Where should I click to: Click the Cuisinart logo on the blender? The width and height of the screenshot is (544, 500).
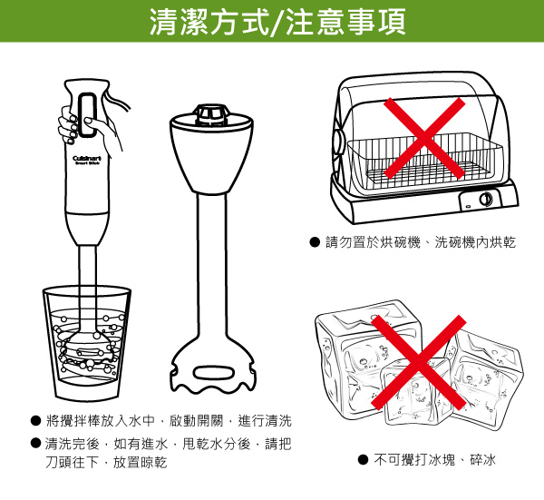(x=87, y=160)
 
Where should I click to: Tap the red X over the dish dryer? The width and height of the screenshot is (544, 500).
(x=424, y=138)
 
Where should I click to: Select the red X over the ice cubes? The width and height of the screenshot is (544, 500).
(x=418, y=362)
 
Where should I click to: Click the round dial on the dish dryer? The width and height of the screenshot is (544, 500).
(x=485, y=199)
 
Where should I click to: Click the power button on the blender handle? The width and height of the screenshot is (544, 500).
(x=87, y=115)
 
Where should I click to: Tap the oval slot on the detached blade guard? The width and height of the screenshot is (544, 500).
(x=214, y=373)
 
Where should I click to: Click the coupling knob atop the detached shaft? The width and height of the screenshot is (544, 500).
(x=210, y=115)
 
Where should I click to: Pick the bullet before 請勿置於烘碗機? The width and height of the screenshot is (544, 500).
(x=315, y=242)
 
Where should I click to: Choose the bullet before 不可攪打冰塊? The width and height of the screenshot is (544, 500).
(x=363, y=460)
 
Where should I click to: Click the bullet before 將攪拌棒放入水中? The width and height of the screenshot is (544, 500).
(x=35, y=421)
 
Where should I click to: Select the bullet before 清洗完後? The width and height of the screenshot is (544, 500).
(x=35, y=443)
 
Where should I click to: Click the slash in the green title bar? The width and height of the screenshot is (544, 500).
(x=277, y=22)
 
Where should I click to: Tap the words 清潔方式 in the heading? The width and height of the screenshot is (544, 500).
(x=209, y=22)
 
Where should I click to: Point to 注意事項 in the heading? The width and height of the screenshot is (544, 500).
(x=345, y=22)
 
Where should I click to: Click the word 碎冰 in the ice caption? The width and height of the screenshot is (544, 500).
(x=483, y=460)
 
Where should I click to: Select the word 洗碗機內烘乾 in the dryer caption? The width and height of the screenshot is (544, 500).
(x=475, y=242)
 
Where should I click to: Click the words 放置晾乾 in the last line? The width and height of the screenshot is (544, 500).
(x=141, y=463)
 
